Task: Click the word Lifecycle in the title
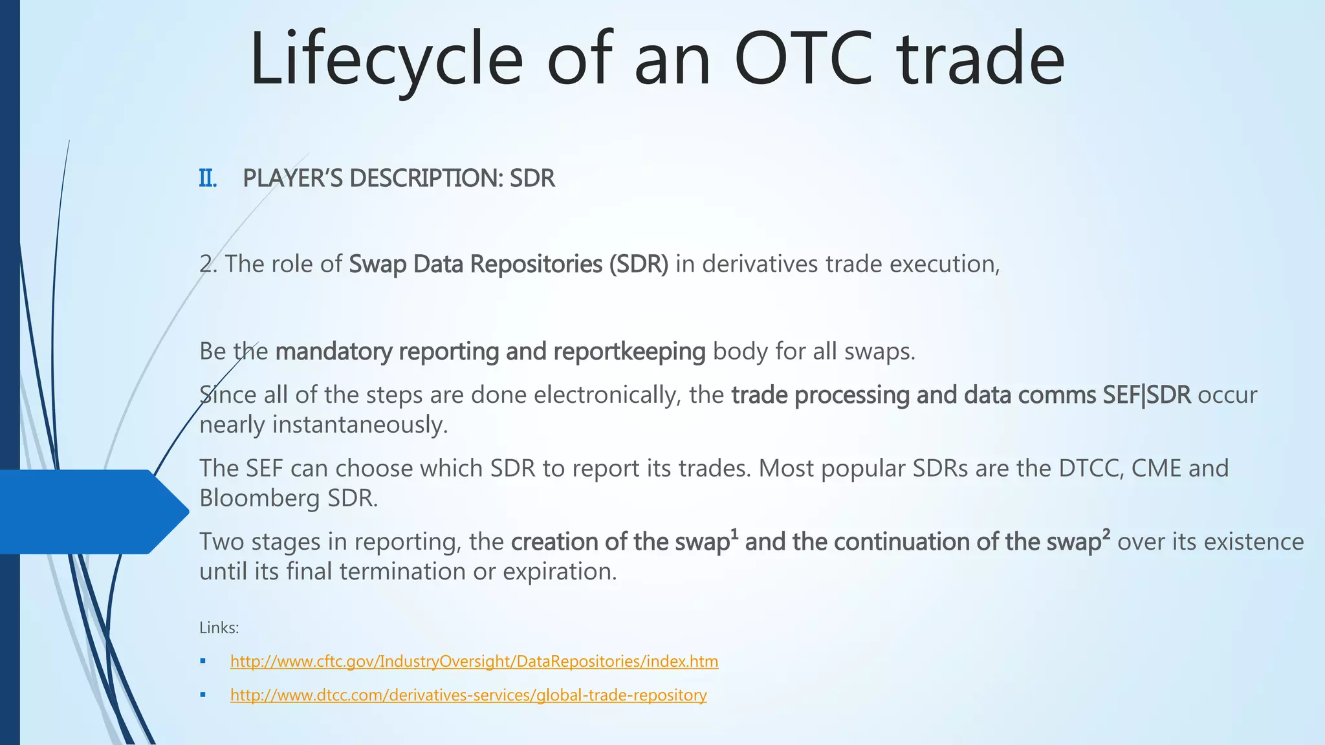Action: pyautogui.click(x=386, y=59)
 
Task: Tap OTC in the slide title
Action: pyautogui.click(x=804, y=59)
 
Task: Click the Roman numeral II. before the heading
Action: pyautogui.click(x=208, y=178)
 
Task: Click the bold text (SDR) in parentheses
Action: pyautogui.click(x=638, y=265)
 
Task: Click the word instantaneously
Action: pyautogui.click(x=360, y=425)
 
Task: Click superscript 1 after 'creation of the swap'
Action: pyautogui.click(x=734, y=534)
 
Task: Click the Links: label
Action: pyautogui.click(x=219, y=628)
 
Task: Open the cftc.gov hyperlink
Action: pyautogui.click(x=474, y=662)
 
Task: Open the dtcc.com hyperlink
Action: pyautogui.click(x=468, y=695)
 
